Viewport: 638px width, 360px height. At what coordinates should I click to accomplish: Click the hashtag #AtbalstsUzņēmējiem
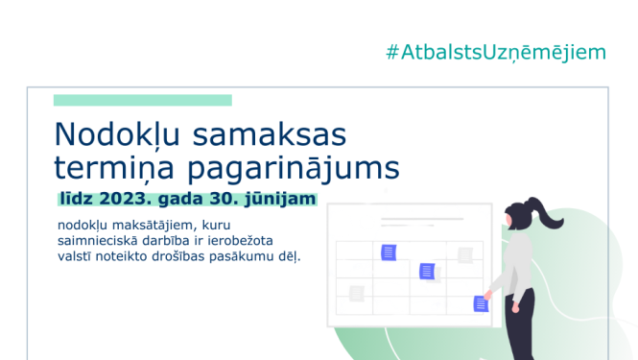(496, 52)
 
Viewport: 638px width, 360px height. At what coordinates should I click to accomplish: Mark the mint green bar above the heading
(142, 100)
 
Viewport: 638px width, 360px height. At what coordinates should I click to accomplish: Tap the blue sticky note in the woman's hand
(481, 303)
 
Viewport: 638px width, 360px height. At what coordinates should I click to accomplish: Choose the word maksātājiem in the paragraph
(154, 226)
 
